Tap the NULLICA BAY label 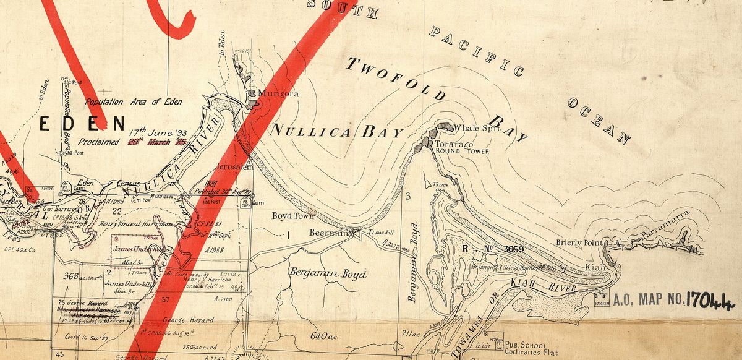[336, 131]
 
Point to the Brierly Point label [579, 243]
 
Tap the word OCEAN [598, 120]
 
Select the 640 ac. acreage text [326, 337]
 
